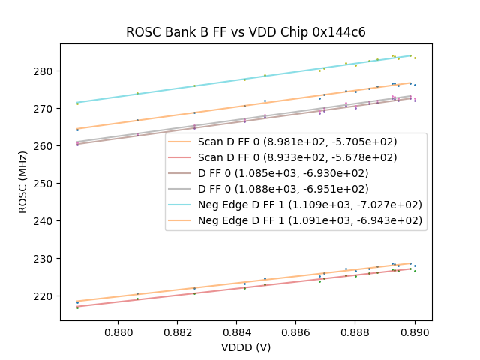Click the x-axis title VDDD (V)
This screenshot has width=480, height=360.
click(x=245, y=347)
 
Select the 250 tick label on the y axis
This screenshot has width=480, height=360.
click(x=46, y=184)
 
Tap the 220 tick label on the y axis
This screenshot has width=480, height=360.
click(x=46, y=296)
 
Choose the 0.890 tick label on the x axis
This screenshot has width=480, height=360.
click(x=415, y=331)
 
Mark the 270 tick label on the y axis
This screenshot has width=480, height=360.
click(x=46, y=109)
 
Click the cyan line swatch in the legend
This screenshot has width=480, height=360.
click(x=181, y=205)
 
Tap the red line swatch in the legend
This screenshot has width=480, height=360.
click(x=181, y=157)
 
